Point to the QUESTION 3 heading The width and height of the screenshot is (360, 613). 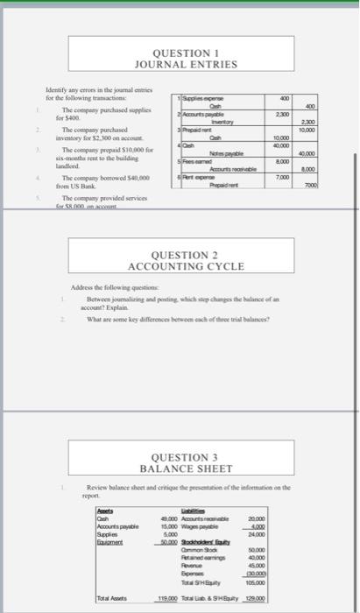click(183, 458)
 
